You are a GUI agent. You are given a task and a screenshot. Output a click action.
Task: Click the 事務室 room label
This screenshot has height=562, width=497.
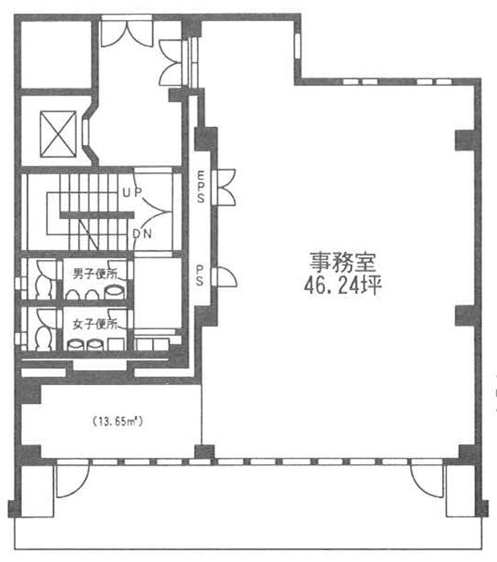[x=343, y=262]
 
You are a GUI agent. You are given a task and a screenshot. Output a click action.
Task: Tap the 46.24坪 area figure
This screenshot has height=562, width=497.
[x=343, y=286]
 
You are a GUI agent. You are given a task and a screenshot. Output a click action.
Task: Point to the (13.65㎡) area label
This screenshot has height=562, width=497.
[x=118, y=421]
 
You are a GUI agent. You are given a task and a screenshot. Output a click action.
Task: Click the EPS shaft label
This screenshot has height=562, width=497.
[x=201, y=186]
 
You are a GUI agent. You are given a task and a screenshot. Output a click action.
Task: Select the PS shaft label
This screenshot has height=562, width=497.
[x=200, y=275]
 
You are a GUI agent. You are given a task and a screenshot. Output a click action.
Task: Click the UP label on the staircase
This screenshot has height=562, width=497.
[x=132, y=193]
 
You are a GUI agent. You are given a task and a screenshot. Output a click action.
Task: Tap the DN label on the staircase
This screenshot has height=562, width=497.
[x=142, y=234]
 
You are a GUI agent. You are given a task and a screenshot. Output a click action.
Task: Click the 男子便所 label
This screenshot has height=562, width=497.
[x=95, y=274]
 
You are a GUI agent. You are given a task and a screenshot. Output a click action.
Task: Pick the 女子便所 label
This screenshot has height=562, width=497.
[x=95, y=324]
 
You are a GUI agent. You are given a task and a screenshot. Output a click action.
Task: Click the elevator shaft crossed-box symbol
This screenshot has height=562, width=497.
[x=58, y=134]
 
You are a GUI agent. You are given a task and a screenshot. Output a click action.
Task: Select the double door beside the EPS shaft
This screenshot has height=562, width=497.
[x=224, y=188]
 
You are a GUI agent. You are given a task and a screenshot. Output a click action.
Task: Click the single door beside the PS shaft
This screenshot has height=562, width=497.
[x=225, y=276]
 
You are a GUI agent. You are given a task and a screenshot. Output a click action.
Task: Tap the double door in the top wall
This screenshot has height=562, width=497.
[x=127, y=31]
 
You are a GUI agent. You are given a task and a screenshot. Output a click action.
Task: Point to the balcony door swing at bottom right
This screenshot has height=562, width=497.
[x=428, y=481]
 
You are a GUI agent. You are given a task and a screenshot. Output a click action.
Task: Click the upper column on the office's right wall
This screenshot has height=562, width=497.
[x=465, y=140]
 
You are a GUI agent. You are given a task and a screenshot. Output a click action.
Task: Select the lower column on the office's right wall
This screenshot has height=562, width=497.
[x=465, y=316]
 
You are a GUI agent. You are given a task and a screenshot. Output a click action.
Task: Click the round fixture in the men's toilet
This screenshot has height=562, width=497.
[x=115, y=291]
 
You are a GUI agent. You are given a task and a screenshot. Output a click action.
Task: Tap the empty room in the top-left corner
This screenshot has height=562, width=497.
[x=56, y=54]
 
